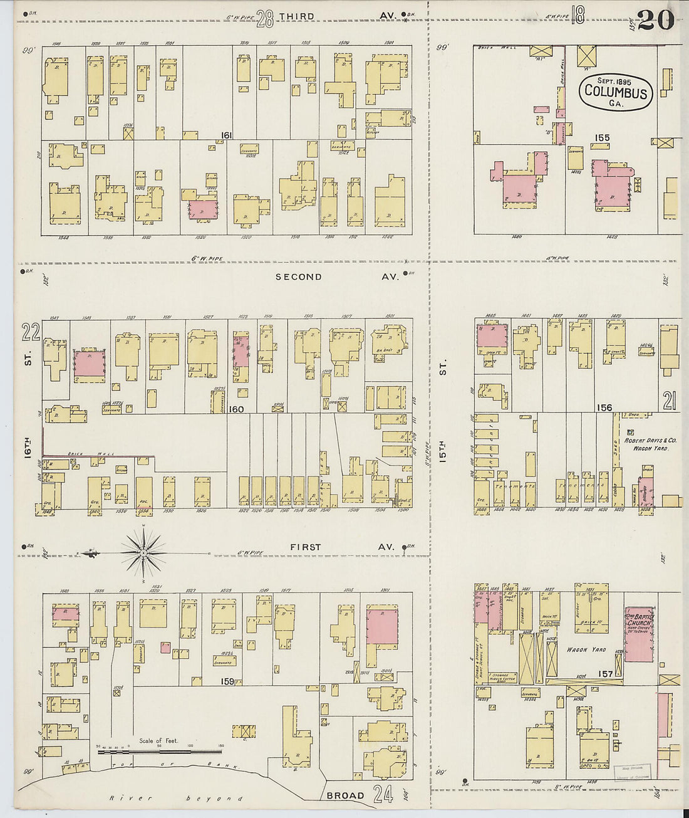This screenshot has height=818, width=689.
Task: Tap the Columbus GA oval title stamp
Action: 616,93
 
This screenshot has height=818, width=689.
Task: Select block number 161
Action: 226,135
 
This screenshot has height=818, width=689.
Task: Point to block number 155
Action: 603,138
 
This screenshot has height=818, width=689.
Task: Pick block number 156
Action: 604,407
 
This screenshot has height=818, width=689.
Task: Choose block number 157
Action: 605,673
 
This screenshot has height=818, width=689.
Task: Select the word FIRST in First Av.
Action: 306,547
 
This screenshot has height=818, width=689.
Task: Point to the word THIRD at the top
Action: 296,16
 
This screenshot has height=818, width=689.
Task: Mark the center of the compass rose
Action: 143,552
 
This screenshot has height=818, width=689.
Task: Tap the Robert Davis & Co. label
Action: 647,440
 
